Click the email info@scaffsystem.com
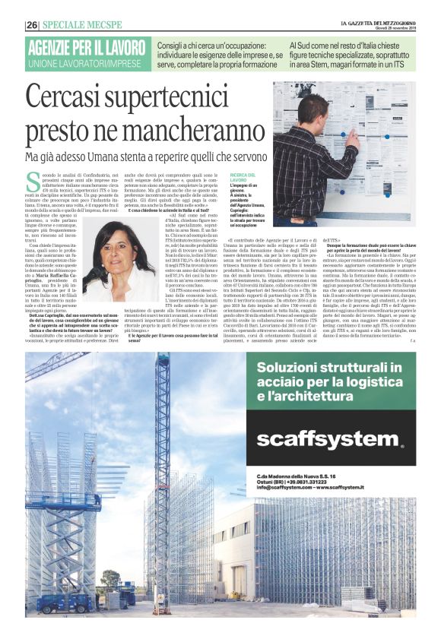pyautogui.click(x=286, y=487)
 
